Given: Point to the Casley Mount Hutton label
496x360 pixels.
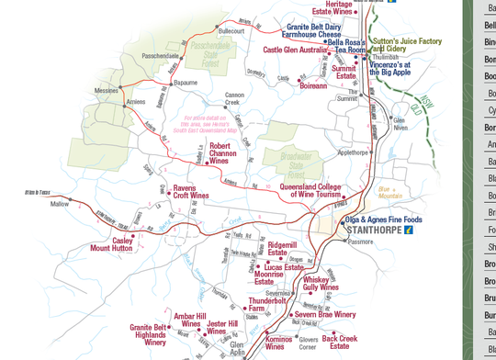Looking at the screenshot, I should click(111, 244).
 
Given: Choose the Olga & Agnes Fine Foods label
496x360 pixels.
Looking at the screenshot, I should click(383, 219).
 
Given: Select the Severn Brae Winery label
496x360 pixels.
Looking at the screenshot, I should click(325, 314).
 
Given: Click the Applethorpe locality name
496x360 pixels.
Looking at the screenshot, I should click(353, 152).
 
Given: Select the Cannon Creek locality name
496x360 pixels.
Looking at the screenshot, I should click(234, 98).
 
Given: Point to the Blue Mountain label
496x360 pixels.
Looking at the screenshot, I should click(390, 192).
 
